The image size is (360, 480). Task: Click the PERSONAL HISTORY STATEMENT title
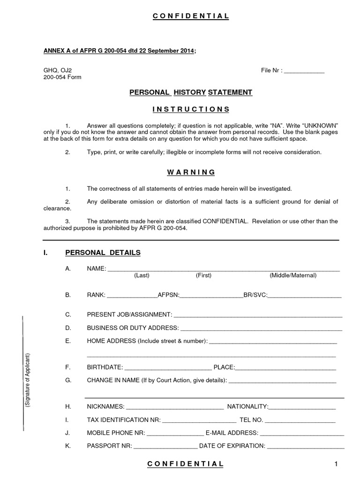click(191, 92)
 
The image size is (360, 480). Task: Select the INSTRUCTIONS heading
click(191, 109)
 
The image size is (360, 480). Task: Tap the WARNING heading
click(191, 172)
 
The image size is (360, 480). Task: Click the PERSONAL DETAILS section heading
click(103, 253)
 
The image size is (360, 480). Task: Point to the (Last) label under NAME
click(142, 276)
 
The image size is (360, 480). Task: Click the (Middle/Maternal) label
click(293, 276)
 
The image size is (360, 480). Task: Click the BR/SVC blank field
click(304, 296)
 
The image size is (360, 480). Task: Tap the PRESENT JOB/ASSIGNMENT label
click(129, 314)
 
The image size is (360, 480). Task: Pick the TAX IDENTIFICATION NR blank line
click(199, 419)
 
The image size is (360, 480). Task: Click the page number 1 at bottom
click(336, 464)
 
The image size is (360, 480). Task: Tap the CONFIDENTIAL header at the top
click(191, 16)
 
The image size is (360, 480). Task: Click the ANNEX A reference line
click(120, 51)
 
